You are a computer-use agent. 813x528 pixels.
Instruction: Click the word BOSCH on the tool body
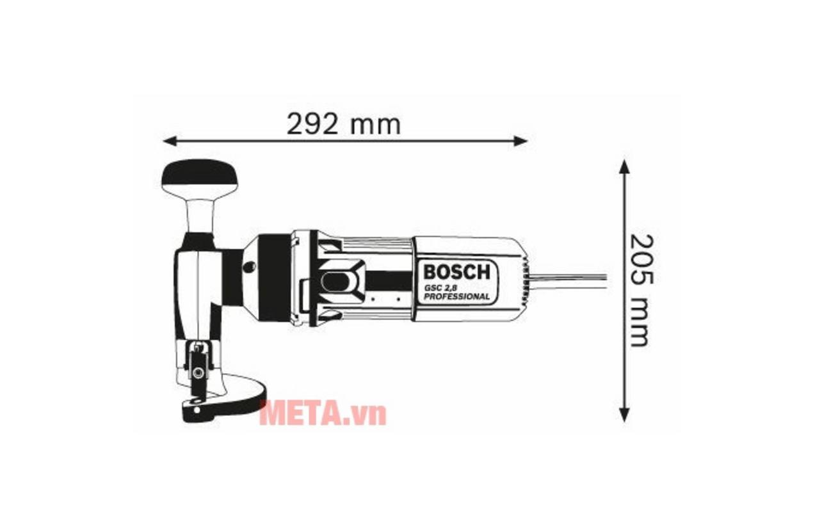tap(456, 271)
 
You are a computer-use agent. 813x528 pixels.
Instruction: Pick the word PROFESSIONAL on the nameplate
tap(456, 296)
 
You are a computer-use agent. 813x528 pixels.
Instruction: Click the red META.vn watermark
tap(323, 413)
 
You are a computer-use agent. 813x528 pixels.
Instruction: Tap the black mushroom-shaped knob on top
tap(199, 176)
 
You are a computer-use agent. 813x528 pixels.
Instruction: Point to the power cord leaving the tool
tap(570, 280)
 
